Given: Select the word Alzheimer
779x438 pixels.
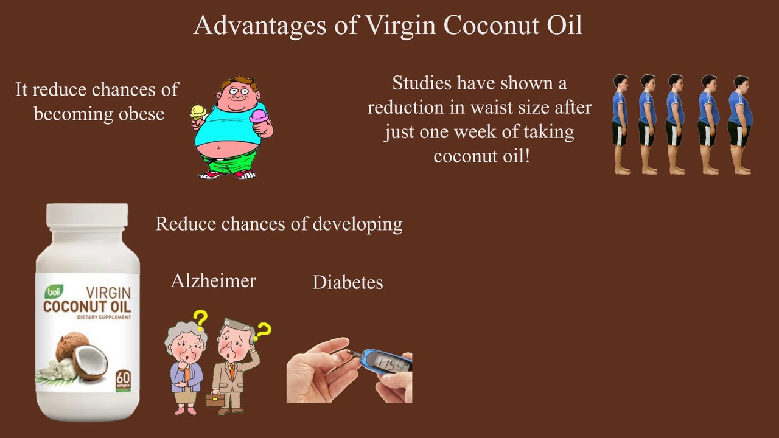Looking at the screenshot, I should (x=213, y=280).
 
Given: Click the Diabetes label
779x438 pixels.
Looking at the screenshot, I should (x=348, y=282).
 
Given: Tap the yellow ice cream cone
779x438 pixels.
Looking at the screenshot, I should (x=197, y=113).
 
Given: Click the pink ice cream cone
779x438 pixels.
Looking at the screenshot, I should (x=259, y=116).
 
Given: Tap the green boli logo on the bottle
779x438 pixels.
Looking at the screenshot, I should (x=53, y=292).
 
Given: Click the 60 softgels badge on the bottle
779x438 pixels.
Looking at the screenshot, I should (x=122, y=379).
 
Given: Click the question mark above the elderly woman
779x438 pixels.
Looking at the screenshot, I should (x=200, y=319).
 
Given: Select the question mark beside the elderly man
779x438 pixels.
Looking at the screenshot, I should (x=262, y=332).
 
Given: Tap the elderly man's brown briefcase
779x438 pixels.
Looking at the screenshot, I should (x=215, y=400).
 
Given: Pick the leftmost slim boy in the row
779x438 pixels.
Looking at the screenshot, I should (x=620, y=124).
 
